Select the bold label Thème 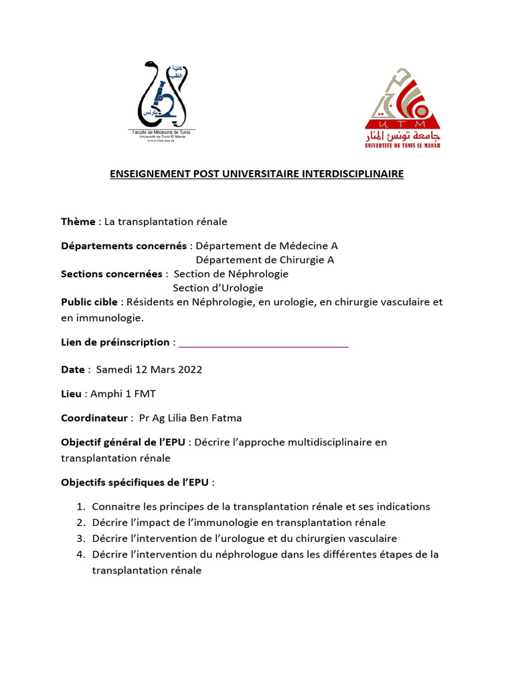(x=78, y=222)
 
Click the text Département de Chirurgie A (x=264, y=260)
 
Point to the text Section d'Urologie (x=218, y=288)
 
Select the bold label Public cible (x=89, y=302)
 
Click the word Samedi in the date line (x=114, y=370)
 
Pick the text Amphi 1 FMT (x=127, y=394)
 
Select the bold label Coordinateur (x=94, y=418)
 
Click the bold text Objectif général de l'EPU (x=123, y=442)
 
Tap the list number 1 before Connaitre (x=80, y=506)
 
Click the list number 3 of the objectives (x=80, y=539)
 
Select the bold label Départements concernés (x=124, y=246)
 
